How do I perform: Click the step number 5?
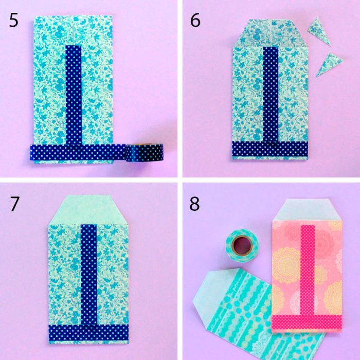coord(14,20)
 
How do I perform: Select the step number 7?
coord(14,204)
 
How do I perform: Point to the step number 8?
coord(194,204)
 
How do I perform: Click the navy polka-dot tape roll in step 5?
coord(144,152)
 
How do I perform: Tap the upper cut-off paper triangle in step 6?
coord(319,31)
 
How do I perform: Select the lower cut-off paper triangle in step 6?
coord(329,64)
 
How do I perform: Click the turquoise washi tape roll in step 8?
coord(242,245)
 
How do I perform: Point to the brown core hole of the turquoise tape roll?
coord(242,245)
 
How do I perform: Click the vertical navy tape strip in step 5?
coord(74,95)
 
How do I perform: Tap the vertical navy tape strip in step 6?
coord(271,94)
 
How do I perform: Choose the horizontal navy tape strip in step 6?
coord(270,149)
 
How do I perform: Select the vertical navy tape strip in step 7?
coord(88,275)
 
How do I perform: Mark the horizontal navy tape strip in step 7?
coord(88,332)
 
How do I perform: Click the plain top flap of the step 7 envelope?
coord(88,209)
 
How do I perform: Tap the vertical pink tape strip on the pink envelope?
coord(308,270)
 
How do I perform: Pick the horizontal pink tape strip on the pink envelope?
coord(307,322)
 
